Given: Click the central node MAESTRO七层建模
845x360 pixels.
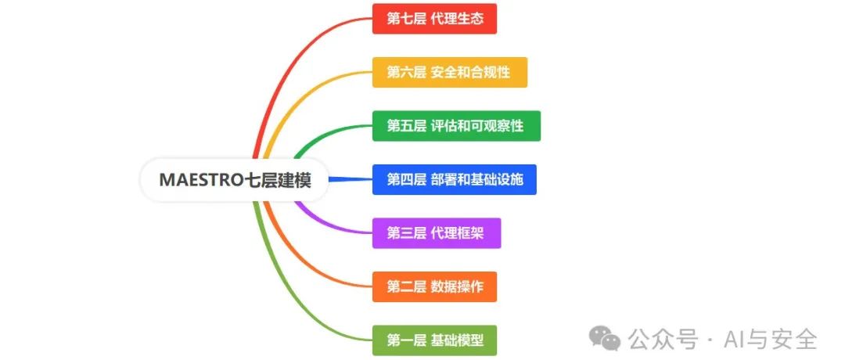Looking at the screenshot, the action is (x=235, y=180).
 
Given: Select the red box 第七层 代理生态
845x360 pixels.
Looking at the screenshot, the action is (x=434, y=19).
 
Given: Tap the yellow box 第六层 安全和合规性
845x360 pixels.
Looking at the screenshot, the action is (x=449, y=72).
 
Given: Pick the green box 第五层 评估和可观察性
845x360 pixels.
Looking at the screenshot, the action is (x=456, y=126).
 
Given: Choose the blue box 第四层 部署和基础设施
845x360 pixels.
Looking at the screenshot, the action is (x=455, y=179).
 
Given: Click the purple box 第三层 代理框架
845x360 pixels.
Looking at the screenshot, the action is (x=437, y=233).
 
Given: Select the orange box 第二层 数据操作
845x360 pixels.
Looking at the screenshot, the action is (x=434, y=286).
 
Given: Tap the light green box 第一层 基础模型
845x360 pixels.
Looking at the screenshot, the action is (x=434, y=340).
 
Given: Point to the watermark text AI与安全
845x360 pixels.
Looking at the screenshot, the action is (x=771, y=338).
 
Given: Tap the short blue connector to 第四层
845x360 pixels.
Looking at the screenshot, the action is (x=351, y=179).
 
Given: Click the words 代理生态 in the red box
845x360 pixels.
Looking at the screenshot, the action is (x=458, y=19).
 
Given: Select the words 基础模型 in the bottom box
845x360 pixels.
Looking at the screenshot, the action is (x=458, y=340).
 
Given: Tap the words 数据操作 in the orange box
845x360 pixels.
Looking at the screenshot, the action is (x=458, y=286).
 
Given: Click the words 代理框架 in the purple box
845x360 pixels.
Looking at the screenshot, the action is (x=458, y=233).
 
